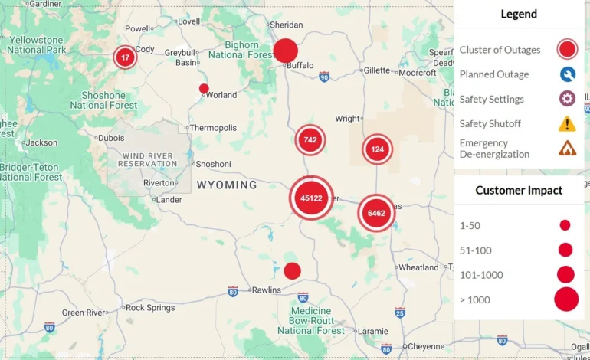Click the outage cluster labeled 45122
point(311,198)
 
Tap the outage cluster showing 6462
point(376,212)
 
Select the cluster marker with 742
point(310,139)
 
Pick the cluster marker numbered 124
point(377,149)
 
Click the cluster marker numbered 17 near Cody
point(125,57)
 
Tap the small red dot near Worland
point(204,88)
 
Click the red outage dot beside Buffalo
point(286,51)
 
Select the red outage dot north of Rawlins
point(292,270)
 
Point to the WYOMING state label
point(227,185)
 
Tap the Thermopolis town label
point(213,128)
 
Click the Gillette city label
point(377,70)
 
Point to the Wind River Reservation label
point(149,160)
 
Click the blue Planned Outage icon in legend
point(567,74)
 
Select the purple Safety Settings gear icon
point(567,99)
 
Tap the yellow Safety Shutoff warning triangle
point(567,123)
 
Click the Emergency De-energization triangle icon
point(567,148)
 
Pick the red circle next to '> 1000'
point(565,299)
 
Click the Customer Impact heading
point(519,191)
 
